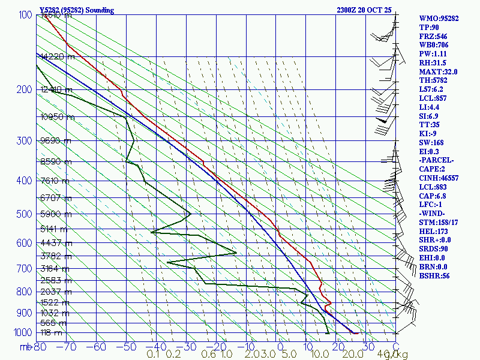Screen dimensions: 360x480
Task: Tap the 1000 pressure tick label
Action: click(x=22, y=332)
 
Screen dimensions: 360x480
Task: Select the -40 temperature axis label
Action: click(x=156, y=347)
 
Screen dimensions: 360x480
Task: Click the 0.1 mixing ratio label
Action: click(x=153, y=354)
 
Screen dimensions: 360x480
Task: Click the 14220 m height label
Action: click(x=57, y=57)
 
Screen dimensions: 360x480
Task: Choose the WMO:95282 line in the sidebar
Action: click(x=439, y=19)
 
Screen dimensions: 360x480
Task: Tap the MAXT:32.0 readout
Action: click(x=439, y=71)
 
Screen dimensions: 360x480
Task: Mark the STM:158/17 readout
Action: click(x=440, y=222)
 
